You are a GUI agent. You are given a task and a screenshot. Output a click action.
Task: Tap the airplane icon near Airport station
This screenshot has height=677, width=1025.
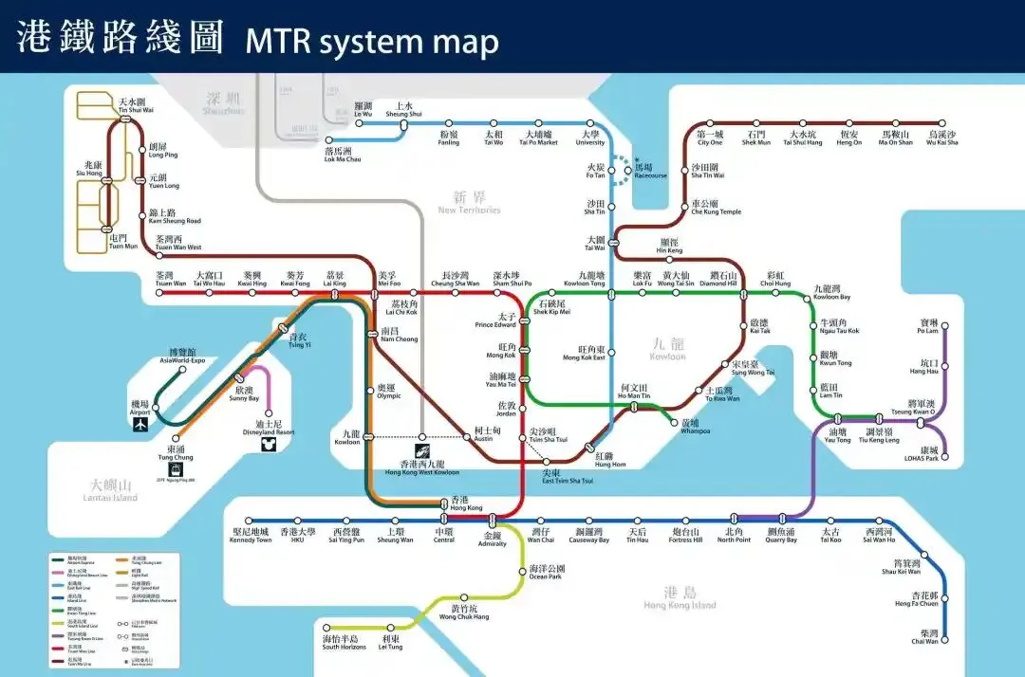(140, 424)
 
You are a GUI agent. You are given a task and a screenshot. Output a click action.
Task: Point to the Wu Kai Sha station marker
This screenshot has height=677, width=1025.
(942, 122)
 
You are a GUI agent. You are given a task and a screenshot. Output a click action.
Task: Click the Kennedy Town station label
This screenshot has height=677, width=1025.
(252, 536)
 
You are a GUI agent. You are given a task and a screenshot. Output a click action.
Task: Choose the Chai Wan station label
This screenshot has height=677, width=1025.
(924, 637)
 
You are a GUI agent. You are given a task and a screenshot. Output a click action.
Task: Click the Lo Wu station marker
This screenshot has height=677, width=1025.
(360, 122)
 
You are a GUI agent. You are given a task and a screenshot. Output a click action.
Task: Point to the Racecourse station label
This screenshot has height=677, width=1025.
(650, 171)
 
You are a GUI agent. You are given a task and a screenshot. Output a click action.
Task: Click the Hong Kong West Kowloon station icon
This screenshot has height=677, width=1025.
(422, 451)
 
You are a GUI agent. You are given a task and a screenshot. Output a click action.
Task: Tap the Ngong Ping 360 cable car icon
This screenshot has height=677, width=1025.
(176, 469)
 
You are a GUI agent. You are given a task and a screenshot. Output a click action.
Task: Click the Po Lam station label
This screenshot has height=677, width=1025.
(927, 327)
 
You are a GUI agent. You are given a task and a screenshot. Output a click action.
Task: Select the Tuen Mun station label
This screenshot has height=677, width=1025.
(124, 243)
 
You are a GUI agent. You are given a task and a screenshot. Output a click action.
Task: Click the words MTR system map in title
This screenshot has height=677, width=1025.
(372, 42)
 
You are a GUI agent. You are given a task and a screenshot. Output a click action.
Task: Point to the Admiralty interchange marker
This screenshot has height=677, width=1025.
(493, 520)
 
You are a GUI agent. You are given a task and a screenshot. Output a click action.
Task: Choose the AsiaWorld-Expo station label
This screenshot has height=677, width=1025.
(182, 357)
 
